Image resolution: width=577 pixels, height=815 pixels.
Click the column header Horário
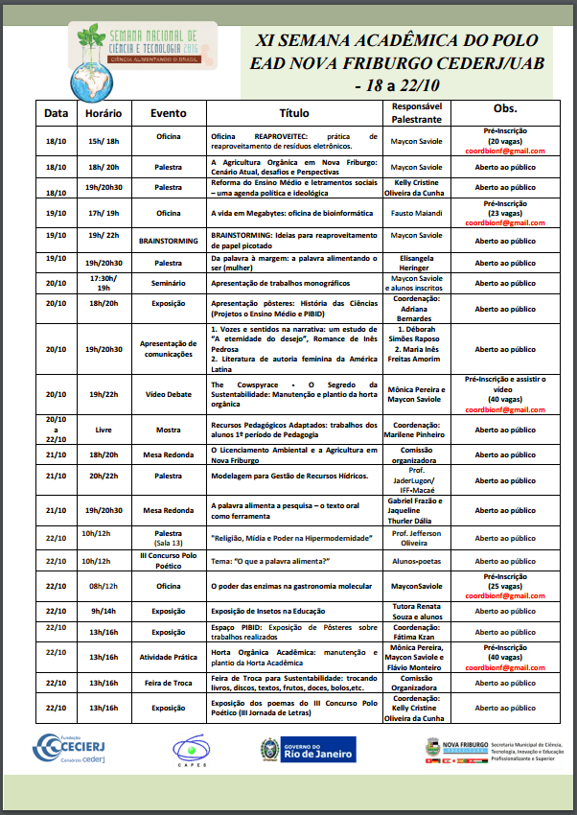click(103, 112)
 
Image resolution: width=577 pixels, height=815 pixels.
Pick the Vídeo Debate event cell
click(169, 394)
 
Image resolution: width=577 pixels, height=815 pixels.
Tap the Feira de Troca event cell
click(169, 683)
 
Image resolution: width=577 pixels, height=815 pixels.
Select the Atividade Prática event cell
click(169, 657)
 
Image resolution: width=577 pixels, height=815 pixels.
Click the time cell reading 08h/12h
click(103, 585)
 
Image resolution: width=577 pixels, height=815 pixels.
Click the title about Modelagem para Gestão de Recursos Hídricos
click(294, 476)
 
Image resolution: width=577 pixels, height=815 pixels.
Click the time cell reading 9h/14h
click(103, 610)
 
